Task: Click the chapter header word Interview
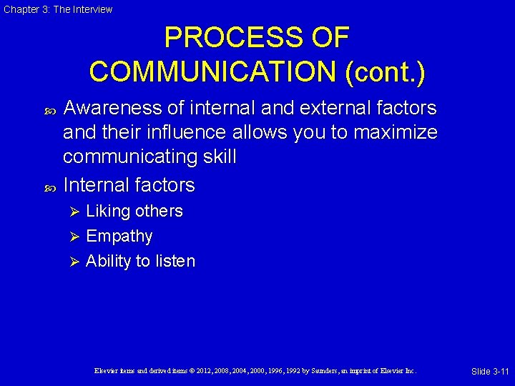[x=93, y=9]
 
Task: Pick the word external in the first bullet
[x=333, y=108]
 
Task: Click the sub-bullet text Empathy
[x=119, y=236]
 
